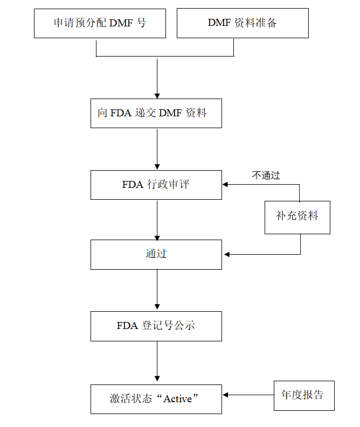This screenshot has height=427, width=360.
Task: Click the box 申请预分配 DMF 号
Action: (x=100, y=23)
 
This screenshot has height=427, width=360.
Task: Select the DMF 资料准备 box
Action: (x=243, y=23)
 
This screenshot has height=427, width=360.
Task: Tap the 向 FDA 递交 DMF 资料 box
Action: (x=156, y=113)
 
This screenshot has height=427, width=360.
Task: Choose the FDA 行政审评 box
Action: (x=156, y=185)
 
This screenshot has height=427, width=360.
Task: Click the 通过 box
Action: (x=156, y=254)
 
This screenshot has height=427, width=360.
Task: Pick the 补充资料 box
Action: (x=297, y=216)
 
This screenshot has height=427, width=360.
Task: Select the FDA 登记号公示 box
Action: (x=156, y=326)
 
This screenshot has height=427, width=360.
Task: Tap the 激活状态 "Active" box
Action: (x=156, y=399)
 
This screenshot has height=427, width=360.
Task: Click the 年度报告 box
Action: (x=304, y=395)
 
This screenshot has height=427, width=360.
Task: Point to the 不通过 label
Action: (x=266, y=175)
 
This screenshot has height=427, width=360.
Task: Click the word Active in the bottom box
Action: (x=178, y=399)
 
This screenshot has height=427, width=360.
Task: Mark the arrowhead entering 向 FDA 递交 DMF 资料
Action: (x=157, y=95)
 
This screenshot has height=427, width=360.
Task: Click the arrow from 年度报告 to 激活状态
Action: (x=248, y=395)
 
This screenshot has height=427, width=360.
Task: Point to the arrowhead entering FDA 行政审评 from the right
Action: (x=225, y=184)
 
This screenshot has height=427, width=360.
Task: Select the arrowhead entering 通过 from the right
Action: (x=226, y=254)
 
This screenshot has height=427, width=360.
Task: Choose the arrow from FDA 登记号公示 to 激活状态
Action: (x=157, y=362)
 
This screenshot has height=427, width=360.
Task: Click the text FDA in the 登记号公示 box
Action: (x=127, y=326)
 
